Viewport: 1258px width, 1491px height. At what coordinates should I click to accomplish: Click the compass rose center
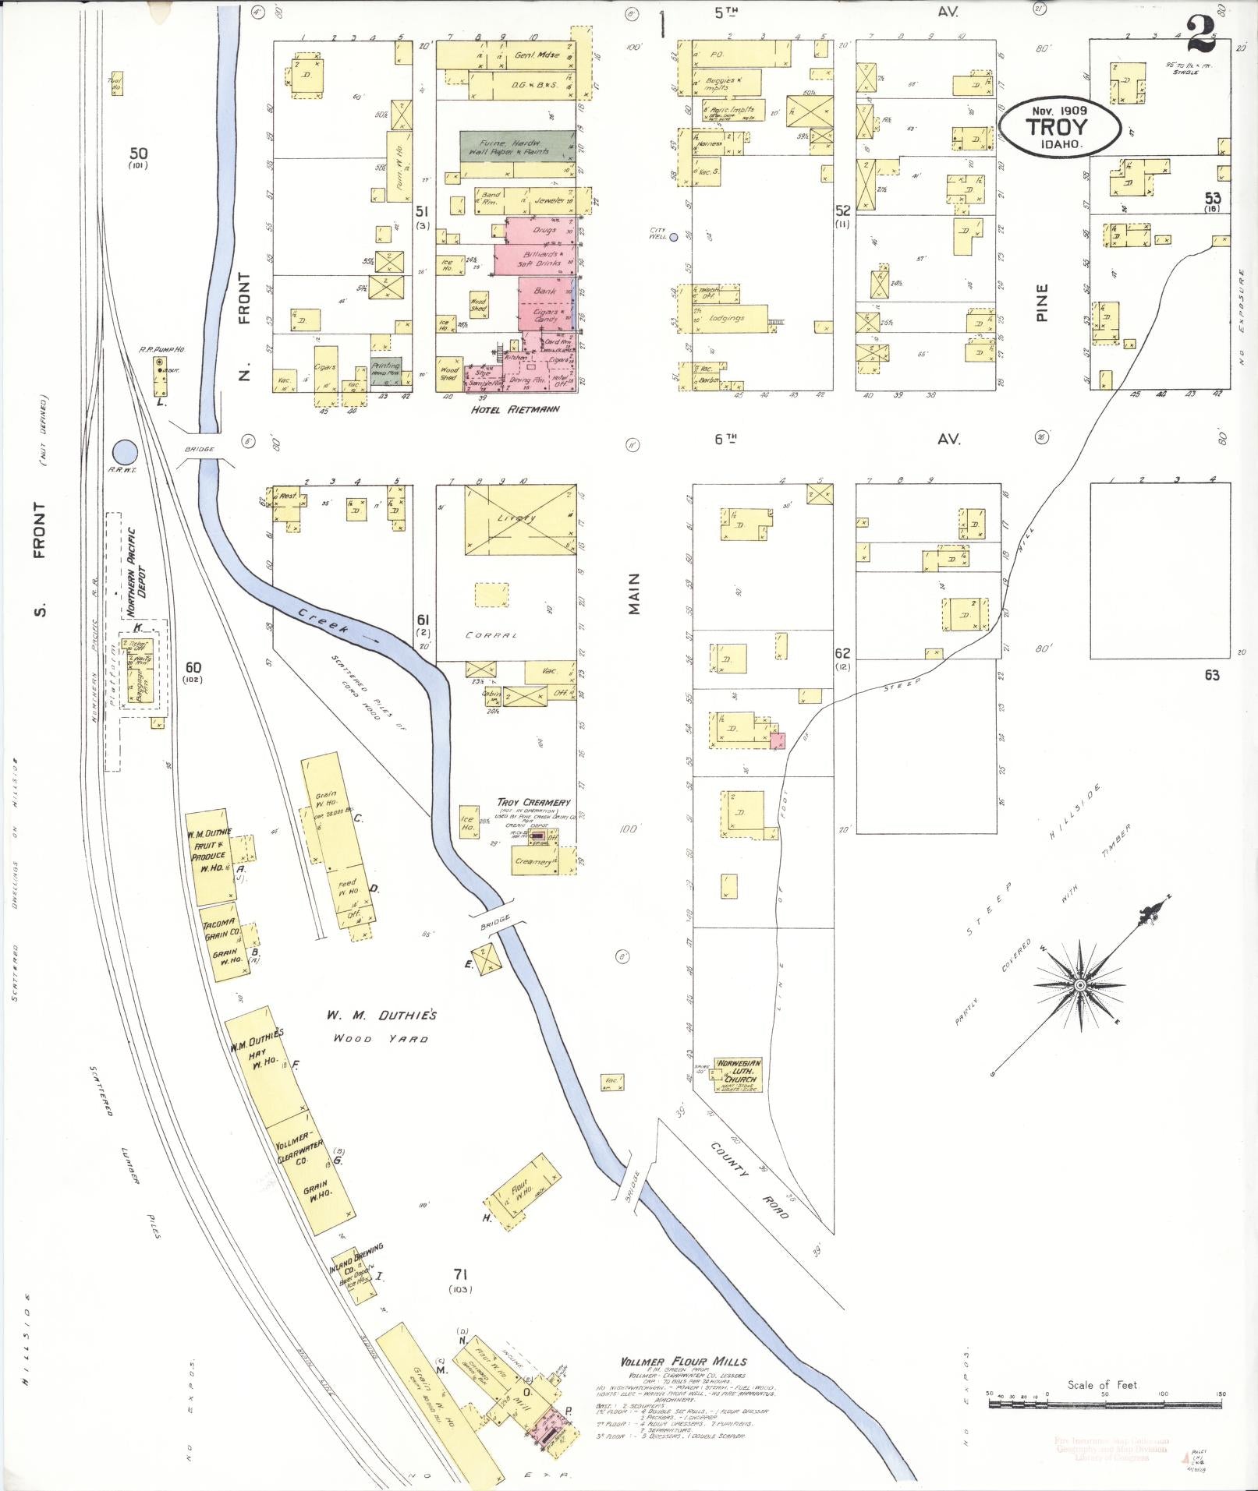tap(1080, 986)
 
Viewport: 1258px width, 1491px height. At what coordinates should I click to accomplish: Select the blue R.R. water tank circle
tap(125, 450)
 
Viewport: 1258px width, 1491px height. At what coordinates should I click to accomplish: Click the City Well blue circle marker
tap(674, 237)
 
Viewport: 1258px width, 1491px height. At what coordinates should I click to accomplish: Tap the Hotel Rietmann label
tap(516, 408)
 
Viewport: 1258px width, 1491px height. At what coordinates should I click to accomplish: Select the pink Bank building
tap(546, 291)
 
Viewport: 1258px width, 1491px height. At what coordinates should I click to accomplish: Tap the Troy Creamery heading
tap(534, 802)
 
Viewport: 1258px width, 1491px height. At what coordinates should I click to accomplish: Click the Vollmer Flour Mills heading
tap(683, 1362)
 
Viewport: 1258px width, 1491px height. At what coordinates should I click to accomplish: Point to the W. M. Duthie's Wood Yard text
tap(381, 1026)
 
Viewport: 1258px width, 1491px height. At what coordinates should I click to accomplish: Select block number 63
tap(1211, 675)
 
